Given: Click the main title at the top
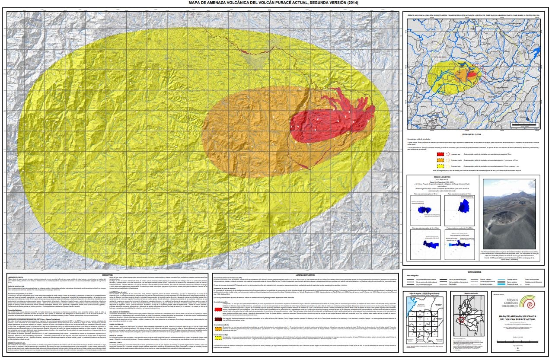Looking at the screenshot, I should pyautogui.click(x=276, y=3).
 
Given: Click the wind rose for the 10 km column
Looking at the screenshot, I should pyautogui.click(x=421, y=209).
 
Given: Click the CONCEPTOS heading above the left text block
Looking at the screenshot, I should pyautogui.click(x=110, y=274).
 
